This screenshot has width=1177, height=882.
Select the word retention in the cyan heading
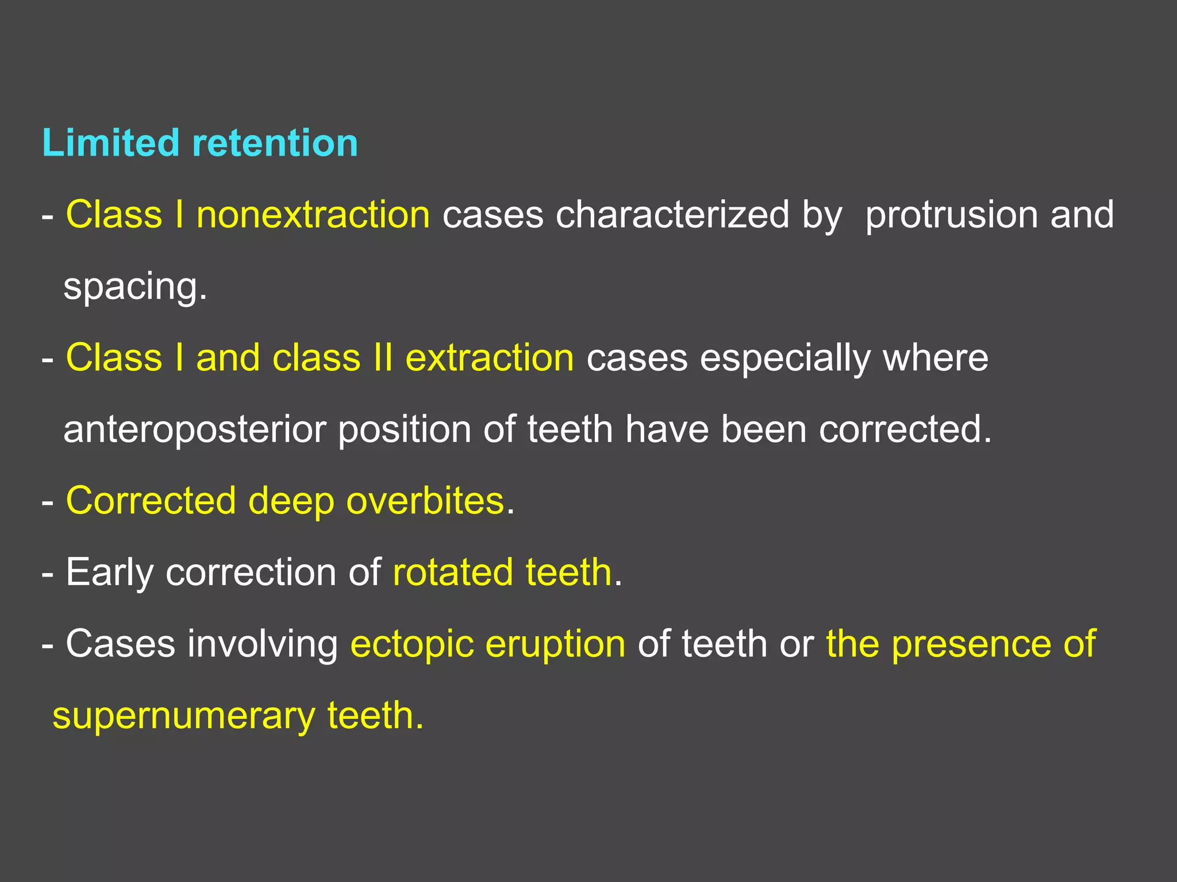tap(275, 144)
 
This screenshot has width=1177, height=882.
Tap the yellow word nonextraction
tap(313, 215)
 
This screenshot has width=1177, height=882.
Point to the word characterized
tap(672, 215)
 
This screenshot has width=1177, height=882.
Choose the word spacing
tap(134, 287)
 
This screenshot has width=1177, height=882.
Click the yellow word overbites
tap(425, 501)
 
